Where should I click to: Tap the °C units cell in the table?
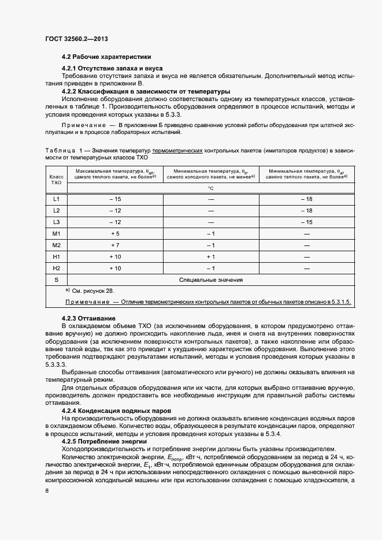coord(211,188)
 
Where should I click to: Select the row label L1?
coord(56,199)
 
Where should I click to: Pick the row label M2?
coord(56,245)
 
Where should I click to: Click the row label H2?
coord(56,269)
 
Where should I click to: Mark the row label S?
coord(56,280)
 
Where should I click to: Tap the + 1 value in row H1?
coord(210,257)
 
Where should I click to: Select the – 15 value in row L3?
coord(306,222)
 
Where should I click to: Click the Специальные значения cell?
coord(210,280)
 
